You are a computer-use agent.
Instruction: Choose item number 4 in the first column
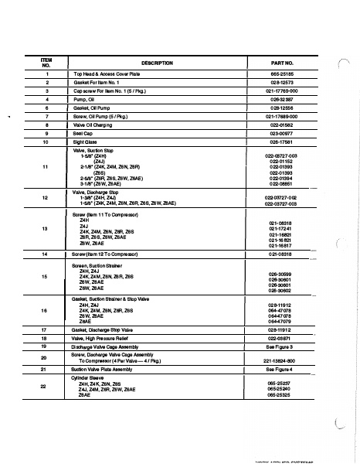46,100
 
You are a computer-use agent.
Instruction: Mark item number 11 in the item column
46,167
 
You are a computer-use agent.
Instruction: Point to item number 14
46,254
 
